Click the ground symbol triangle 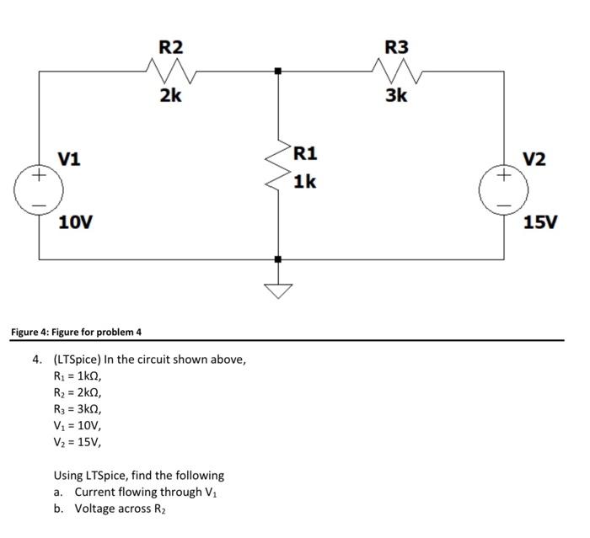pyautogui.click(x=277, y=290)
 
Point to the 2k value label pyautogui.click(x=170, y=96)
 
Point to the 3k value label pyautogui.click(x=396, y=96)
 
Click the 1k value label pyautogui.click(x=305, y=181)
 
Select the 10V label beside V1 pyautogui.click(x=76, y=223)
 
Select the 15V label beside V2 pyautogui.click(x=540, y=223)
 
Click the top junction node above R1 pyautogui.click(x=277, y=72)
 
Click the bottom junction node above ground pyautogui.click(x=277, y=259)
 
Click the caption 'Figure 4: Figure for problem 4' pyautogui.click(x=76, y=332)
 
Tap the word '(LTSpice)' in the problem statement pyautogui.click(x=78, y=360)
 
